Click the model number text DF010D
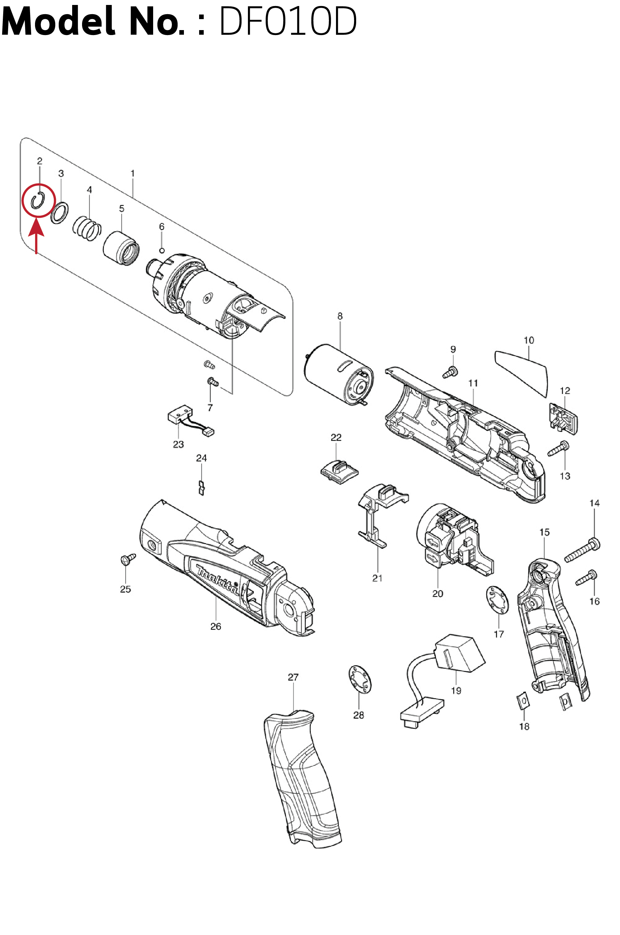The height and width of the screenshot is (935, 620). coord(288,21)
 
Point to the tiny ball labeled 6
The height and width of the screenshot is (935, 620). coord(162,250)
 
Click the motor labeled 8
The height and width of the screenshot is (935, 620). coord(339,374)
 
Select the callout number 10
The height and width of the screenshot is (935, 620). coord(529,340)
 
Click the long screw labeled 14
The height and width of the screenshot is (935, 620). coord(582,551)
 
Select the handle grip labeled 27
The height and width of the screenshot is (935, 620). coord(302,780)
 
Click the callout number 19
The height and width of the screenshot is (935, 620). coord(456,690)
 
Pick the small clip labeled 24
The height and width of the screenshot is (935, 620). coord(201,488)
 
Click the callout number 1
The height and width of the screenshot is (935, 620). coord(133,173)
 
